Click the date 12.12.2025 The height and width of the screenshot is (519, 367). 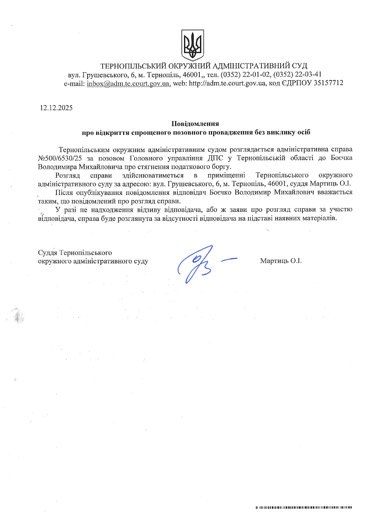point(56,108)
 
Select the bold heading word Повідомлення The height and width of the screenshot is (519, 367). point(195,124)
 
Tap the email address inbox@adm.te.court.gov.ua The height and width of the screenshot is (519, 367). point(128,83)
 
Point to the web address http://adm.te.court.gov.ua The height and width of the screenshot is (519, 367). point(227,83)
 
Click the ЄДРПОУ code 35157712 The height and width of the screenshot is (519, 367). point(328,83)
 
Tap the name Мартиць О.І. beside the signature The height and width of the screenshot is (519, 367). point(281,261)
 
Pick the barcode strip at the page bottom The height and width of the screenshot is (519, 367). point(304,508)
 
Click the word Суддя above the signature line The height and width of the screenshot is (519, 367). point(47,253)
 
